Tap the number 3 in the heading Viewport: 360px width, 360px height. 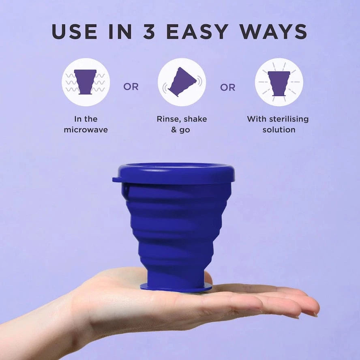[x=149, y=32]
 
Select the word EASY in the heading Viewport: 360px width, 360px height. [x=197, y=32]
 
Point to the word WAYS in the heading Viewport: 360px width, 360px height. [x=273, y=32]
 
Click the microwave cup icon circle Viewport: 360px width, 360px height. [x=86, y=82]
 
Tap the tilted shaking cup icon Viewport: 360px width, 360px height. [x=182, y=82]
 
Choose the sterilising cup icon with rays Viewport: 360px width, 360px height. [x=279, y=82]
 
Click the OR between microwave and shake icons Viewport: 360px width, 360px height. [x=131, y=87]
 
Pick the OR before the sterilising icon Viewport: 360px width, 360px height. [x=228, y=88]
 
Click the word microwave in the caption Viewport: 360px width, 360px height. [x=86, y=130]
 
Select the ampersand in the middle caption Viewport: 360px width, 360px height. [x=174, y=130]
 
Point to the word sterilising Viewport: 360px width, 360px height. [x=289, y=119]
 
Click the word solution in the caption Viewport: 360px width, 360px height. [x=279, y=130]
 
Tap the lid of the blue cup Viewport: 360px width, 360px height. [x=174, y=173]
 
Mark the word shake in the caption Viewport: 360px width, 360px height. [x=195, y=119]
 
